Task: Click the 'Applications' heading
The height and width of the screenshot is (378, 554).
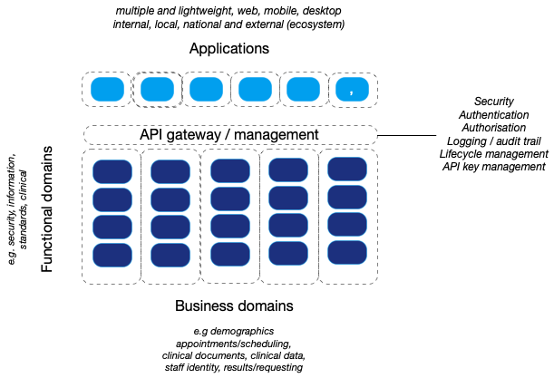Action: point(229,48)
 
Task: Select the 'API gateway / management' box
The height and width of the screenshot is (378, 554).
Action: point(229,135)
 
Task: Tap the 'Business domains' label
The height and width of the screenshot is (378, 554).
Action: point(234,305)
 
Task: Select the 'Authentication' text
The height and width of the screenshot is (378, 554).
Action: point(495,115)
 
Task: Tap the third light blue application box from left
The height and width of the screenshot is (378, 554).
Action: point(206,89)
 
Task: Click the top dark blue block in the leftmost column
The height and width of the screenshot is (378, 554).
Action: point(112,172)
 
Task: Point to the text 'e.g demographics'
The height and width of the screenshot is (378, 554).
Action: point(234,332)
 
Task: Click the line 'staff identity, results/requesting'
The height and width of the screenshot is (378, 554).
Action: point(234,367)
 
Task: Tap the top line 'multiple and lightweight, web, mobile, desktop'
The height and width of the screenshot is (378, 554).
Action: point(229,9)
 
